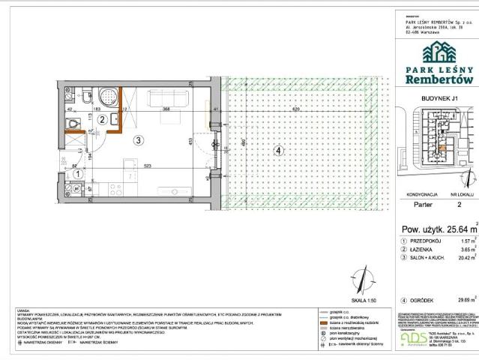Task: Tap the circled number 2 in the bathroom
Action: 101,118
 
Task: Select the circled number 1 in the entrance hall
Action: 79,173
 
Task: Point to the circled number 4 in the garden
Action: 278,151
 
